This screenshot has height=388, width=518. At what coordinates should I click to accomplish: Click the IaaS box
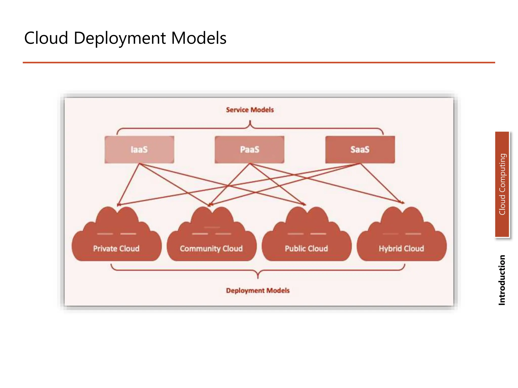click(139, 150)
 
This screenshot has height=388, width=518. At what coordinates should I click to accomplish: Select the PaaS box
click(249, 150)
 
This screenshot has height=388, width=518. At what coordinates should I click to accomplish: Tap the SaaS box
click(360, 150)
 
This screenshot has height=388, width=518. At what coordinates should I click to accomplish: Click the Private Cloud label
click(116, 249)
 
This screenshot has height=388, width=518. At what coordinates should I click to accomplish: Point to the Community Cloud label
click(211, 249)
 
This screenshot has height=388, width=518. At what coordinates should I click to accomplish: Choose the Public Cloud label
click(306, 249)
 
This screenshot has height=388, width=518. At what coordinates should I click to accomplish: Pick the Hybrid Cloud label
click(401, 249)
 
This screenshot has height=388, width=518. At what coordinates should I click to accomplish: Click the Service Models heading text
click(250, 110)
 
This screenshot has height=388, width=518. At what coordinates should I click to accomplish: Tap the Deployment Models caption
click(257, 290)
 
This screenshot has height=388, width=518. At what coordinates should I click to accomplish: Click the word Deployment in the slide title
click(120, 38)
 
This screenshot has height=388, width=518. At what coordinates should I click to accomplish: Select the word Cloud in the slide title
click(46, 38)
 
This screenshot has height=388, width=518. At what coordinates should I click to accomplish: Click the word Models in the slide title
click(199, 38)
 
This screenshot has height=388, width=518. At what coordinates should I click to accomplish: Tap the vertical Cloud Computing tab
click(502, 184)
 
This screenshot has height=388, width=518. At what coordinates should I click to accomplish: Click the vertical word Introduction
click(502, 280)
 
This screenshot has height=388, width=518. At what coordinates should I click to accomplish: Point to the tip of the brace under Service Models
click(250, 121)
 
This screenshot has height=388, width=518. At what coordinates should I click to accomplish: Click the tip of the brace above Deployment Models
click(258, 278)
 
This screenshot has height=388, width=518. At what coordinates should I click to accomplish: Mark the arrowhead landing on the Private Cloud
click(118, 205)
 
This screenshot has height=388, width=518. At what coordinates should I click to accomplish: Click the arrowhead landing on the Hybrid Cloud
click(403, 202)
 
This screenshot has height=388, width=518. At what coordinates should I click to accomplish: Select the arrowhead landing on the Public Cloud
click(304, 204)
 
